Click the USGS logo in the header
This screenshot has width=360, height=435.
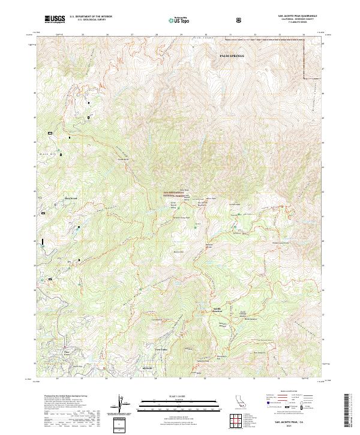click(x=55, y=19)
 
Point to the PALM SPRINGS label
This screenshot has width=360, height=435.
click(x=233, y=55)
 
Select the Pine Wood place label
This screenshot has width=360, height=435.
click(x=71, y=198)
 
